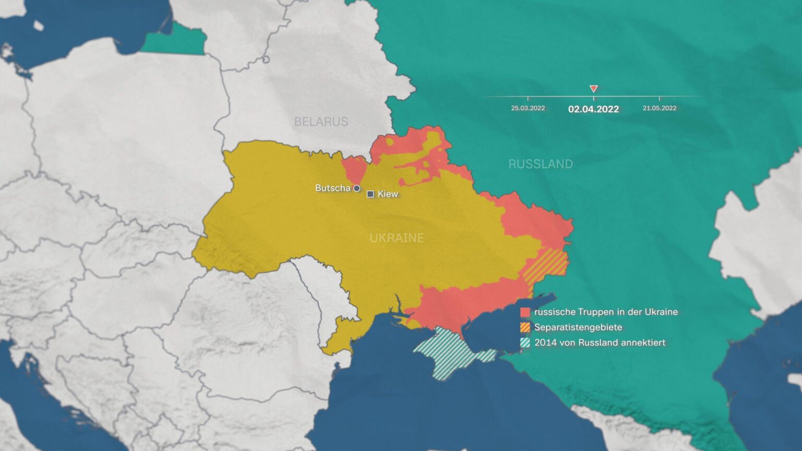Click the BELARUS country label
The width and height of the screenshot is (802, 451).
coord(321,122)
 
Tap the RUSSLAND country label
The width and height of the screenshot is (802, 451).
coord(540,164)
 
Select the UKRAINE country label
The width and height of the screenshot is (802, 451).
coord(396,238)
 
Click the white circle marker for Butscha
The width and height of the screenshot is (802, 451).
coord(357,188)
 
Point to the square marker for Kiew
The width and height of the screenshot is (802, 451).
coord(370,194)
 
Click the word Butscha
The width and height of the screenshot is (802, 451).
coord(332,188)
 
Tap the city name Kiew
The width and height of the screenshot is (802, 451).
coord(388,194)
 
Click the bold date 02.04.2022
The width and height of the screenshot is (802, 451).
coord(593,109)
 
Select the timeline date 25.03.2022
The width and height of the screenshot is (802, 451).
coord(528,108)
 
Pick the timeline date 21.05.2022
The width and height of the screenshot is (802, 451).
coord(659,108)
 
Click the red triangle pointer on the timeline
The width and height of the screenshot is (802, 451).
coord(593,89)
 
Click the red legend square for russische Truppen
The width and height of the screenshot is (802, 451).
coord(525,312)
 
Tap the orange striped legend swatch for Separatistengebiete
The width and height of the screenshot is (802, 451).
coord(525,327)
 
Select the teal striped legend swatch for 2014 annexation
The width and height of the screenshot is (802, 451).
coord(525,343)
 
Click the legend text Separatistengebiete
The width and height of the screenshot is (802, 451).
coord(578,327)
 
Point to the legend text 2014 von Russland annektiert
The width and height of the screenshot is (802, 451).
coord(599,343)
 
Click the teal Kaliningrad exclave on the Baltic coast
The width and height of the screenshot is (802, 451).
coord(175,42)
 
